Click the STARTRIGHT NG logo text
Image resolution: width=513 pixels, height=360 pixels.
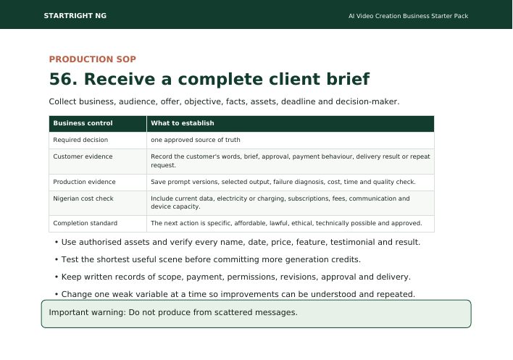click(75, 16)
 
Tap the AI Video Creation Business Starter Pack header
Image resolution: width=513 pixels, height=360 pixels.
click(409, 16)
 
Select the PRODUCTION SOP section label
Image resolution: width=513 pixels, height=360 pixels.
click(93, 59)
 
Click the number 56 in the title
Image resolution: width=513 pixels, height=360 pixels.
click(61, 79)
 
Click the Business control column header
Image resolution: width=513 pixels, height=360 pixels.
click(83, 123)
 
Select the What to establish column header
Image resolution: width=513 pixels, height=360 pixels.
click(183, 123)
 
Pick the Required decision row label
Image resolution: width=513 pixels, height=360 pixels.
click(80, 140)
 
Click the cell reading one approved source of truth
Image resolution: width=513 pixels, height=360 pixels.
click(196, 140)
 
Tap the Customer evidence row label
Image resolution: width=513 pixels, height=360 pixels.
click(83, 156)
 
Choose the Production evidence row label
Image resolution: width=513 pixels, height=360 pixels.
click(84, 182)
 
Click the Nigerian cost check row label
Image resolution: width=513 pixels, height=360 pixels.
click(83, 198)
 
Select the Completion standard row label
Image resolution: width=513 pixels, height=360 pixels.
click(85, 223)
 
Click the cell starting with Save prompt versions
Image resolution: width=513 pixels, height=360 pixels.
click(283, 182)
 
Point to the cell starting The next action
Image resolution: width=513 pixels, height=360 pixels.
click(286, 223)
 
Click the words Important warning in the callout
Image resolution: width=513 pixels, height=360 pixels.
click(87, 313)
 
